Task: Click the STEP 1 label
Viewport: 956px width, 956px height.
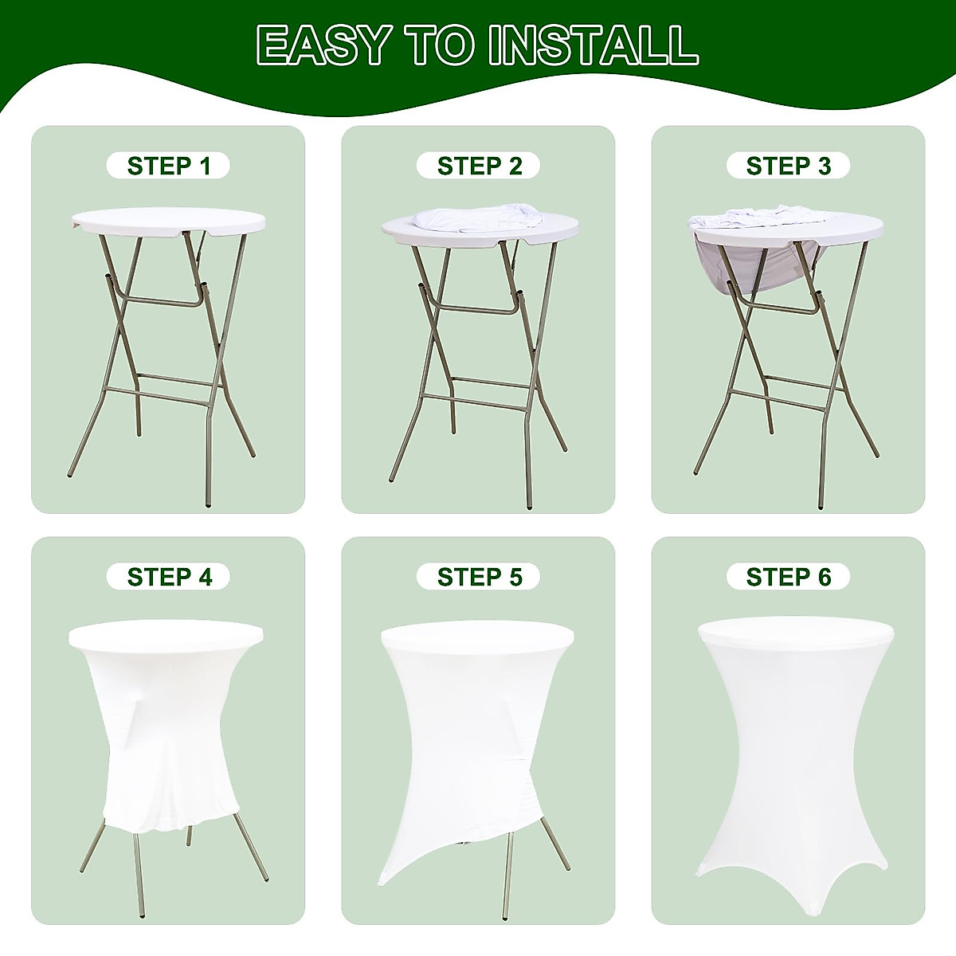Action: [168, 166]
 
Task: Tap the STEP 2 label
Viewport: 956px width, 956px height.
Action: [479, 166]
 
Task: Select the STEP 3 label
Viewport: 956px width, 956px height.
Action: [788, 166]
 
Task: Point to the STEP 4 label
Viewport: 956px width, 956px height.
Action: [168, 577]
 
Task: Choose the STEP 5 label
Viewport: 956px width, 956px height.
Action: [479, 577]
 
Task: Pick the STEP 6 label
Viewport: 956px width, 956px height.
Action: [788, 577]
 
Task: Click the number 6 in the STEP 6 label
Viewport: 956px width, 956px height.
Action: [823, 577]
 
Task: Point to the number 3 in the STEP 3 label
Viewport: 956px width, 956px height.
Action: [823, 166]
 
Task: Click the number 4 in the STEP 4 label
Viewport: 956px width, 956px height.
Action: [206, 577]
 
